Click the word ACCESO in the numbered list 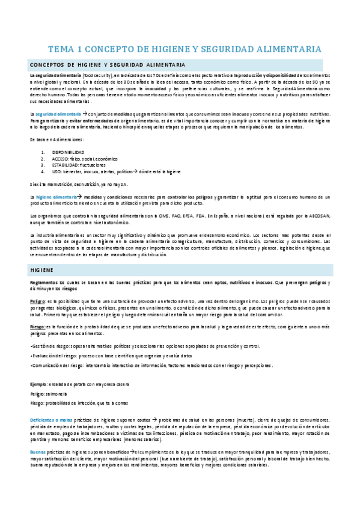63,159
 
